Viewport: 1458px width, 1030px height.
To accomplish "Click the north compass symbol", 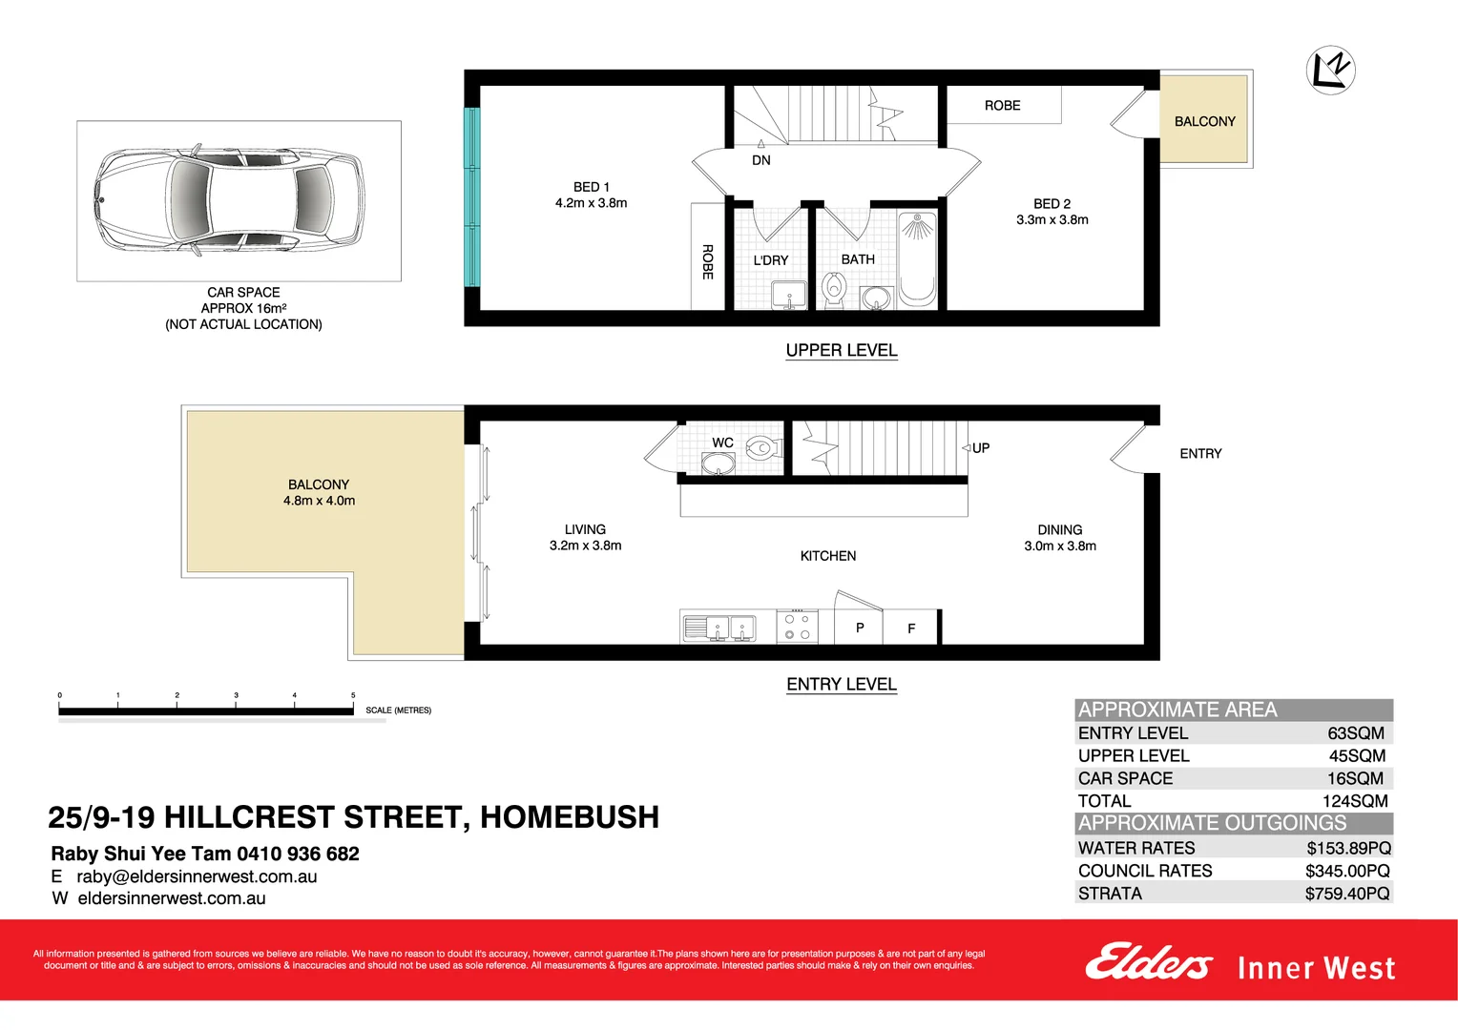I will [1330, 70].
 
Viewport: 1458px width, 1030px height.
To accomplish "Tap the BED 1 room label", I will [591, 187].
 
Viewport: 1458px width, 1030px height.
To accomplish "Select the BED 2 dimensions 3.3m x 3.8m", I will [1052, 219].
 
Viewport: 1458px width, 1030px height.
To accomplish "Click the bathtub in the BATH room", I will [917, 258].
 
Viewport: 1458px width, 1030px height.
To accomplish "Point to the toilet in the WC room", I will [762, 447].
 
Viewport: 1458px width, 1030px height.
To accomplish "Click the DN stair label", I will [760, 160].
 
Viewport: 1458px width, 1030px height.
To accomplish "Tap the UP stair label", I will [980, 448].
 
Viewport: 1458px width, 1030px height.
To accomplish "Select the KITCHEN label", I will [827, 556].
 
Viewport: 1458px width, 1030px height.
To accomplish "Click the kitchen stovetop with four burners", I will [797, 627].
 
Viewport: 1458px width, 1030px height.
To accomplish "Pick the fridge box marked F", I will [911, 628].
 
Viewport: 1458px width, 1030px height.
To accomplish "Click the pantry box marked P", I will [860, 628].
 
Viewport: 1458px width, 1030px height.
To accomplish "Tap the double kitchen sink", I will [719, 628].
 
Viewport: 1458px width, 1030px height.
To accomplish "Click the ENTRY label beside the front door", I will [1199, 454].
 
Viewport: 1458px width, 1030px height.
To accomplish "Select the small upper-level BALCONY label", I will [1204, 121].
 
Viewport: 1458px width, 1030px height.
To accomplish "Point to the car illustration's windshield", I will [190, 200].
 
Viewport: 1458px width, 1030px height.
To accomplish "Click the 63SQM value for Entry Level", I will [1355, 733].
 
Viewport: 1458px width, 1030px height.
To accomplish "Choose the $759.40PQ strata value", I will [1346, 894].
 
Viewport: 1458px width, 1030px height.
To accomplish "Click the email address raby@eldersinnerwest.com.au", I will [197, 876].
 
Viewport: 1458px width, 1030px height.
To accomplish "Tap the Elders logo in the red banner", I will [1148, 962].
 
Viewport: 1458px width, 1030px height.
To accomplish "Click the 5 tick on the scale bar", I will [353, 703].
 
